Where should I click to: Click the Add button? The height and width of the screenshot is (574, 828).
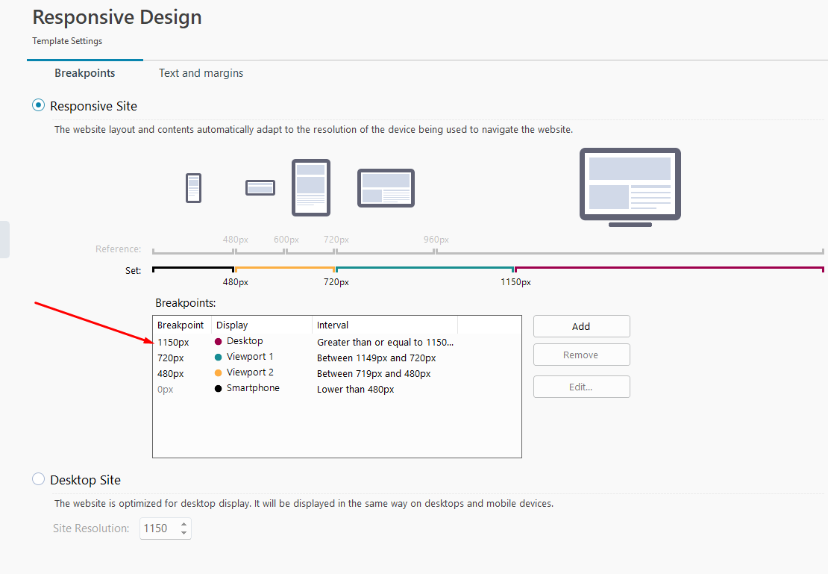pyautogui.click(x=581, y=326)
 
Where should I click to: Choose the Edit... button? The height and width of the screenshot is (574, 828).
pyautogui.click(x=581, y=387)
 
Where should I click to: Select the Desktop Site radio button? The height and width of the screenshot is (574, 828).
pyautogui.click(x=39, y=479)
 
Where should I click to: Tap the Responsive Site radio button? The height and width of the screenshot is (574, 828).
pyautogui.click(x=39, y=105)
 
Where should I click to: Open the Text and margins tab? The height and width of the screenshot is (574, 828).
pyautogui.click(x=201, y=73)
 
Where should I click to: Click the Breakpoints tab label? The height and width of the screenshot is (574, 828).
pyautogui.click(x=84, y=73)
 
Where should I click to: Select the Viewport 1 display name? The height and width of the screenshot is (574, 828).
pyautogui.click(x=250, y=357)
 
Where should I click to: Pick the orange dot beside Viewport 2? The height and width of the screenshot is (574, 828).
pyautogui.click(x=218, y=373)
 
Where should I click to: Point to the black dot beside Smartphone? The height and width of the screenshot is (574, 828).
pyautogui.click(x=218, y=388)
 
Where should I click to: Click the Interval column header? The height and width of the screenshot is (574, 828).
pyautogui.click(x=333, y=325)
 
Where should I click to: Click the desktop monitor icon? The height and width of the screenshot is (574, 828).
pyautogui.click(x=630, y=187)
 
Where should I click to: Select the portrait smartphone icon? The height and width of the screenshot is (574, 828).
pyautogui.click(x=194, y=187)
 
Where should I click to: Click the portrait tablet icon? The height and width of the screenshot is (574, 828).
pyautogui.click(x=311, y=187)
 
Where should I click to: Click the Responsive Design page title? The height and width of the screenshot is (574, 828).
pyautogui.click(x=117, y=17)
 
